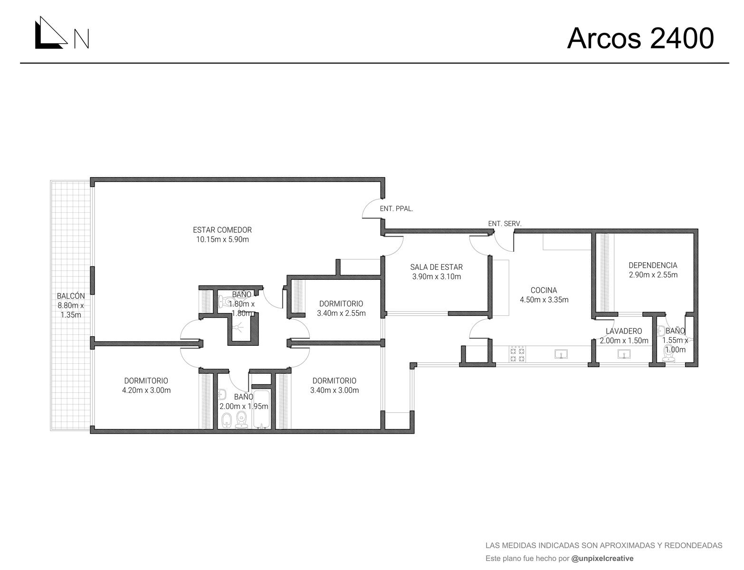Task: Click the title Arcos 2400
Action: (x=640, y=38)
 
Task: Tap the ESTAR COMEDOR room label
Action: (x=222, y=230)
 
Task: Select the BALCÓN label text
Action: (x=71, y=296)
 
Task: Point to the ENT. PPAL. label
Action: (x=396, y=209)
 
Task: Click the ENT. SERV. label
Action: (x=505, y=224)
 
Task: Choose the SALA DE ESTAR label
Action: (x=436, y=267)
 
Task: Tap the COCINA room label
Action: (x=544, y=290)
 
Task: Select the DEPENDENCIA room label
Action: (x=653, y=266)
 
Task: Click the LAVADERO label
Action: (x=624, y=331)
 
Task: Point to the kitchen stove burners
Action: (x=517, y=354)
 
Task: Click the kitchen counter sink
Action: (x=561, y=354)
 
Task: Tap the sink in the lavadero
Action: (x=624, y=354)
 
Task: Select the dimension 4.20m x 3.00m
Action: (x=146, y=390)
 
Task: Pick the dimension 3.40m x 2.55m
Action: (x=341, y=313)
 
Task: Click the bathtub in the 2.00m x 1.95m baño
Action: (x=262, y=408)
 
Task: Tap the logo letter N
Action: (x=82, y=38)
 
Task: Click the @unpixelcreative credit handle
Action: (x=602, y=558)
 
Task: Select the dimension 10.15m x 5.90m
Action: (x=222, y=239)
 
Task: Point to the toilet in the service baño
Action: (x=668, y=354)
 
